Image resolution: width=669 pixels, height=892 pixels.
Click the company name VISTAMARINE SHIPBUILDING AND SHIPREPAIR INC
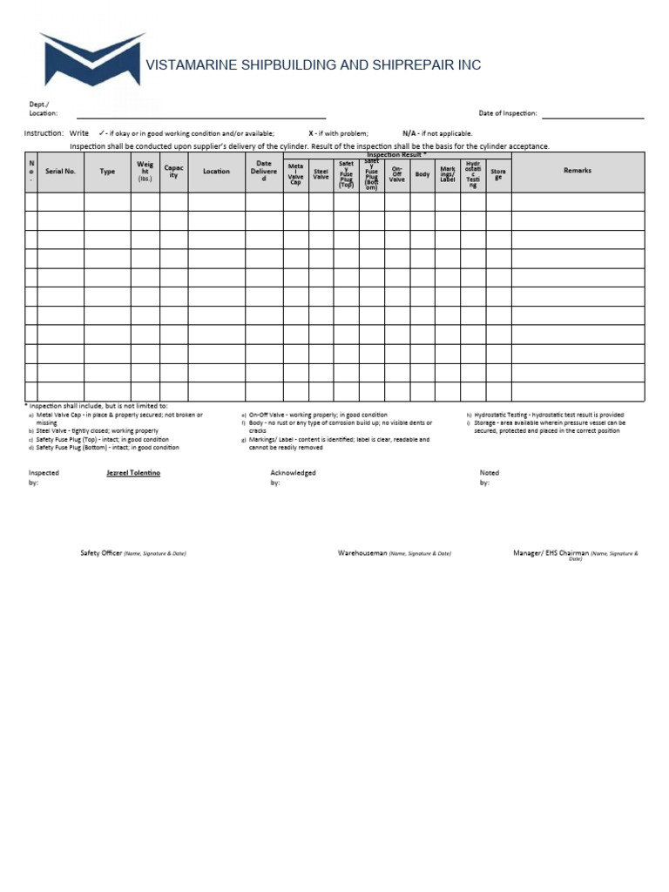click(313, 65)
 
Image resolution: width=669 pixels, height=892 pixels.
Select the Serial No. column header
click(60, 172)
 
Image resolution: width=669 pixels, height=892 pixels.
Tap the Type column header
click(107, 172)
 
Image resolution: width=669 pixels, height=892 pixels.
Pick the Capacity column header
click(173, 172)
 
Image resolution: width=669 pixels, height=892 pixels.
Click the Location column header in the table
click(216, 172)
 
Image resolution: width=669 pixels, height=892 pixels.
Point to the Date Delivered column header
click(264, 172)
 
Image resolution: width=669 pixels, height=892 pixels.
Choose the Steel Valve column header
click(321, 174)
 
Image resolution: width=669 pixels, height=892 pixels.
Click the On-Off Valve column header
click(397, 174)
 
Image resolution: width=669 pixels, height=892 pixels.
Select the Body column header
click(422, 174)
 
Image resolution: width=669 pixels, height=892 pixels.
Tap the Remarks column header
click(578, 171)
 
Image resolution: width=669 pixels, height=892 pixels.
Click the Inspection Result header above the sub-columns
click(396, 155)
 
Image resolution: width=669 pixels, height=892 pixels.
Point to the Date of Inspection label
click(508, 113)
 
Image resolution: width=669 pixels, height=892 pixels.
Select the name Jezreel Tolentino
click(133, 473)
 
